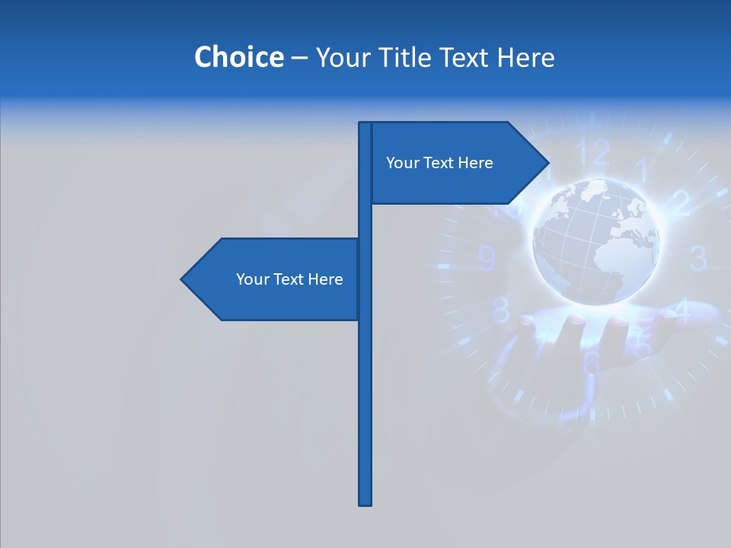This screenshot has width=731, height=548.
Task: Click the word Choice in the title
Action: point(238,57)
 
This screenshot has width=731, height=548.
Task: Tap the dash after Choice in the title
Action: point(299,58)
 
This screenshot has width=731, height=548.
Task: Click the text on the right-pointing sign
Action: point(439,163)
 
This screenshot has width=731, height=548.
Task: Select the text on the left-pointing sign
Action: point(289,279)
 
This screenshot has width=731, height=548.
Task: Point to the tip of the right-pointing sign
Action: point(547,162)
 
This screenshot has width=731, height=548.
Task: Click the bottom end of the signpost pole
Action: point(365,502)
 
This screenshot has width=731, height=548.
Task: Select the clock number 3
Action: point(697,259)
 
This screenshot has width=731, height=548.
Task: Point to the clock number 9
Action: point(487,260)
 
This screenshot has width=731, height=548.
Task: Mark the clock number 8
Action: point(501,311)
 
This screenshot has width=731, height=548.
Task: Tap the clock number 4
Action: point(682,311)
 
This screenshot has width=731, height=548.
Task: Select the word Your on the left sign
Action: point(252,279)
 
